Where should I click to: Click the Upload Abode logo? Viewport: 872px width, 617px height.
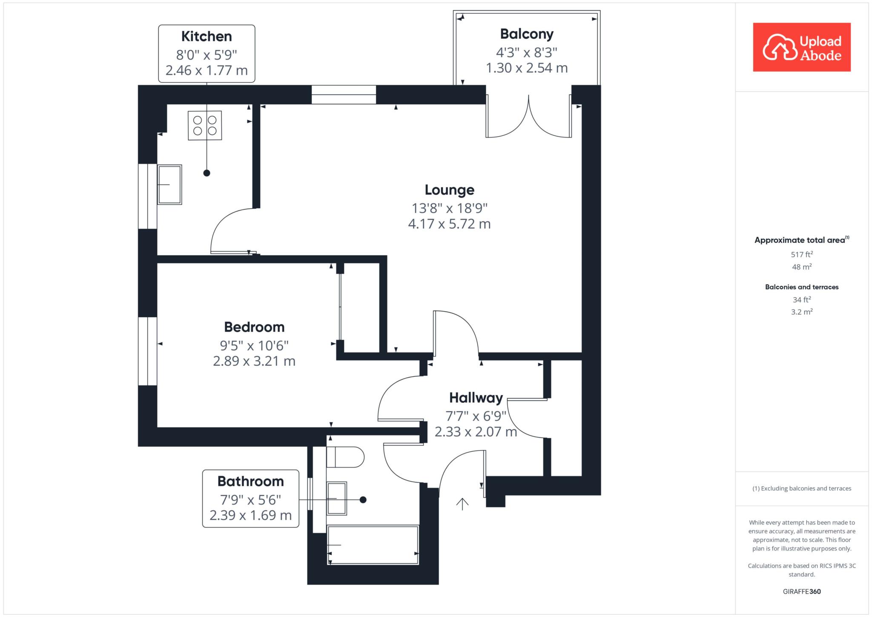click(x=802, y=47)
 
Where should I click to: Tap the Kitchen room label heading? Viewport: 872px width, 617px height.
click(x=207, y=37)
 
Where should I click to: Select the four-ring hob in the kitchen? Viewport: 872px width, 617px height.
click(x=205, y=125)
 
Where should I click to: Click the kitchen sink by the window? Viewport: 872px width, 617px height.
click(x=170, y=184)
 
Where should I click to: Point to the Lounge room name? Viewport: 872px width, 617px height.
click(x=450, y=190)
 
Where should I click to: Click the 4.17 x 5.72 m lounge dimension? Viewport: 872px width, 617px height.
click(x=450, y=224)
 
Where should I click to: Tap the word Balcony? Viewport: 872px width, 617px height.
click(x=527, y=34)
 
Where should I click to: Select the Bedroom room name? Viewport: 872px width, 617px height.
click(x=254, y=327)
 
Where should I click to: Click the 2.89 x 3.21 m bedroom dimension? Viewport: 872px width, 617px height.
click(x=254, y=361)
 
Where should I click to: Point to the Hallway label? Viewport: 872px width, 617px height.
click(x=476, y=398)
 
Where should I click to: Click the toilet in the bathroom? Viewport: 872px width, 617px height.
click(x=345, y=457)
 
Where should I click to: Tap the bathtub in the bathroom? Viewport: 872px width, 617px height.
click(x=373, y=545)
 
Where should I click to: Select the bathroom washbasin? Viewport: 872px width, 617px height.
click(x=337, y=498)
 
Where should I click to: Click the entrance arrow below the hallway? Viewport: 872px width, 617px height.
click(x=462, y=504)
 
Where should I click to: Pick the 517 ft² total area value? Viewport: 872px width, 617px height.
click(x=802, y=254)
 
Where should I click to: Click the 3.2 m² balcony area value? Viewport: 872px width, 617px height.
click(x=802, y=312)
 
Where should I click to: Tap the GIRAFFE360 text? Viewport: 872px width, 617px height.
click(x=802, y=591)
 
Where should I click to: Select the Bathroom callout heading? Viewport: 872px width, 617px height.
click(x=250, y=482)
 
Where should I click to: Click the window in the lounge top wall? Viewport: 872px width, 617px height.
click(x=344, y=95)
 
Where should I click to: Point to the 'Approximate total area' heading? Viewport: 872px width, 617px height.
click(x=802, y=240)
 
